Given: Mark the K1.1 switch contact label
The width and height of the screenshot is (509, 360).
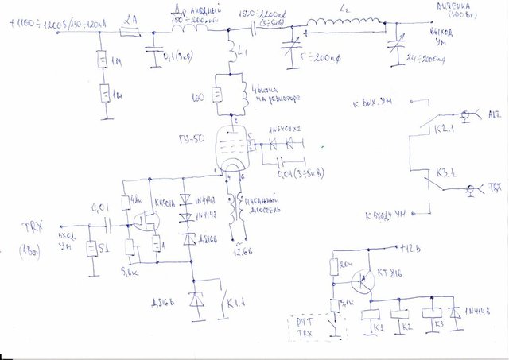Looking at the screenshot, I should (x=235, y=303).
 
